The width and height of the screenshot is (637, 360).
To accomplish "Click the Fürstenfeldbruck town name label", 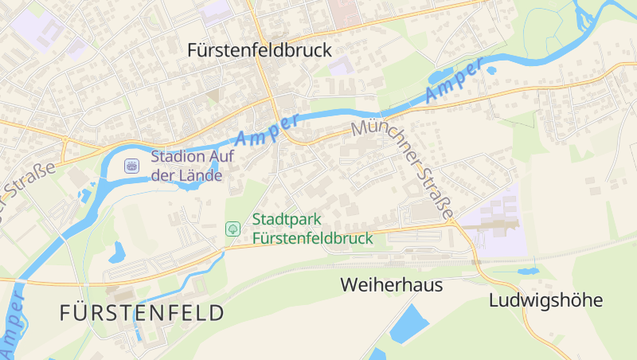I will tap(260, 49).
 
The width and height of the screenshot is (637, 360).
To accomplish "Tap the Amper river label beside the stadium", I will tap(268, 129).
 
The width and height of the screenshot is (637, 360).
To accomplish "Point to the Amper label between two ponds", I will tap(454, 80).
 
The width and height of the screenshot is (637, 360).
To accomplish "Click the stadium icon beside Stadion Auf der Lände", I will tap(132, 166).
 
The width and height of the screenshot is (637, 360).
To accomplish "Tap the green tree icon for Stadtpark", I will tap(233, 229).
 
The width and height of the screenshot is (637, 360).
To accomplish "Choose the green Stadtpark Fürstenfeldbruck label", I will tap(312, 229).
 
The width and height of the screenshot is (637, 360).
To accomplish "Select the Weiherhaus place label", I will tap(391, 284).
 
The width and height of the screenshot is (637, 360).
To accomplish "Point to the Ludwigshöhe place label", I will tap(545, 300).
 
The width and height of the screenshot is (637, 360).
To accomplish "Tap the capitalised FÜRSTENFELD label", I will tap(142, 313).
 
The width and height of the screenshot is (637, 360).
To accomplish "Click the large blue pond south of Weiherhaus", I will tap(410, 323).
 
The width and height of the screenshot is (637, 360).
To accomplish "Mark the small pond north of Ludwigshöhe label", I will tap(526, 272).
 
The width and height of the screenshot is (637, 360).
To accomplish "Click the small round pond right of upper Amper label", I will tap(491, 71).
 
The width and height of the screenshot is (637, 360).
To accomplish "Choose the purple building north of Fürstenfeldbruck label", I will tap(217, 11).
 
